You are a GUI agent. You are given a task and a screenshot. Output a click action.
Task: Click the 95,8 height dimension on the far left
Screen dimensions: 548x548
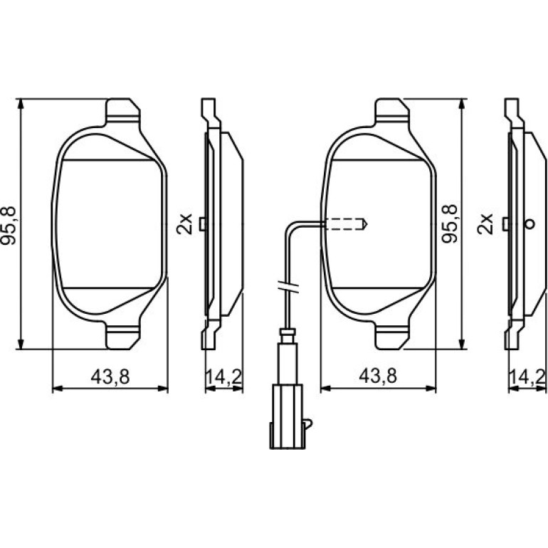tap(9, 226)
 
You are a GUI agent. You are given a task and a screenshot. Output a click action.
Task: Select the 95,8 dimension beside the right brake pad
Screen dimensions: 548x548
tap(450, 223)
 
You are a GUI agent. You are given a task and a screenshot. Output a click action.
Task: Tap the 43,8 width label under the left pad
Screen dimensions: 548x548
tap(110, 376)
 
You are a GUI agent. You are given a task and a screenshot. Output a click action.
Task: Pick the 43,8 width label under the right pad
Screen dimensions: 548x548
tap(378, 376)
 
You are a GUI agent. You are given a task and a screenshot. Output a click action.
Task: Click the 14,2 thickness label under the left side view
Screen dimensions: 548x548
tap(223, 376)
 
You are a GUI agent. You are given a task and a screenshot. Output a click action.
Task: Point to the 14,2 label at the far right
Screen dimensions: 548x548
tap(527, 376)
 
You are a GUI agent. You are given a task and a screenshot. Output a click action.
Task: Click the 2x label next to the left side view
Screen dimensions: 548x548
tap(184, 223)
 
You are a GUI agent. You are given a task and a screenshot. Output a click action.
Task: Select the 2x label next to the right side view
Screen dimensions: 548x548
tap(485, 223)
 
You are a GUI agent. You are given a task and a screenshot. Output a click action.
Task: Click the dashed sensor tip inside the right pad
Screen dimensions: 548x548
tap(346, 224)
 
